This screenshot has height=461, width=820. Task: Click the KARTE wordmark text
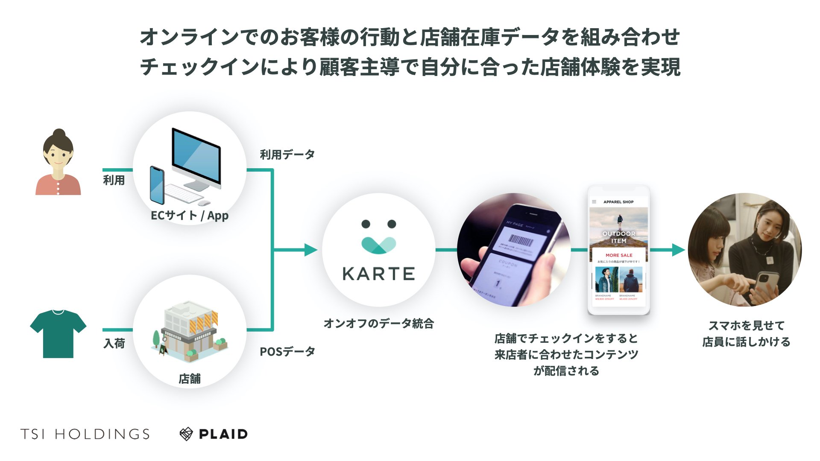tap(378, 274)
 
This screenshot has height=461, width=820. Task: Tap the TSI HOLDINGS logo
tap(85, 434)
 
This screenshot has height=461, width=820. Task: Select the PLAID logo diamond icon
tap(186, 434)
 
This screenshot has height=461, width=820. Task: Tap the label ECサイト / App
tap(189, 216)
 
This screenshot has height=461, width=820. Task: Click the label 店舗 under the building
tap(189, 379)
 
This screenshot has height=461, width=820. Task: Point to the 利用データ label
tap(287, 155)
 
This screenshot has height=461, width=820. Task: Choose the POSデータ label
tap(287, 352)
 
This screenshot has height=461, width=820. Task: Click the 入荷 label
tap(114, 344)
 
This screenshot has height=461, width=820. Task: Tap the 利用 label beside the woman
tap(114, 180)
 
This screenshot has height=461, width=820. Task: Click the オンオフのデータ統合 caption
tap(378, 324)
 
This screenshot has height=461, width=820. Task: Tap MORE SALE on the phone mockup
tap(619, 255)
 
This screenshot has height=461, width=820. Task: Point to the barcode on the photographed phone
tap(521, 241)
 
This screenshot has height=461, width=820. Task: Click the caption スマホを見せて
tap(746, 326)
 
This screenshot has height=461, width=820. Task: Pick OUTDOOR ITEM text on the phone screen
tap(618, 237)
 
